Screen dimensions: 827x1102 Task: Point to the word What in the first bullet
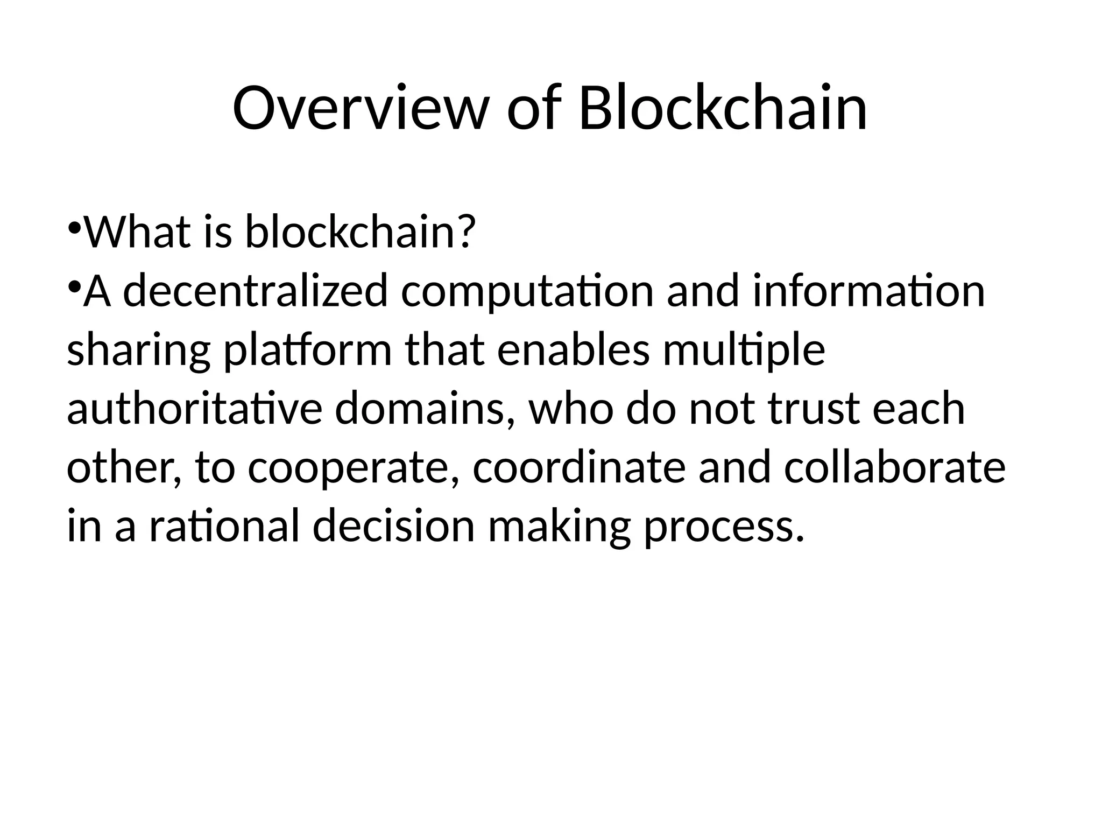138,233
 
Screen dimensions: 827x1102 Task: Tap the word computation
527,291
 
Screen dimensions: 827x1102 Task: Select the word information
868,291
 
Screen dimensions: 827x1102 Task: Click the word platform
307,351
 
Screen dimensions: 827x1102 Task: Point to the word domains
425,409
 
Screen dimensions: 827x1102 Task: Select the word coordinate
579,467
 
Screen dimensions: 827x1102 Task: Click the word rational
224,527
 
